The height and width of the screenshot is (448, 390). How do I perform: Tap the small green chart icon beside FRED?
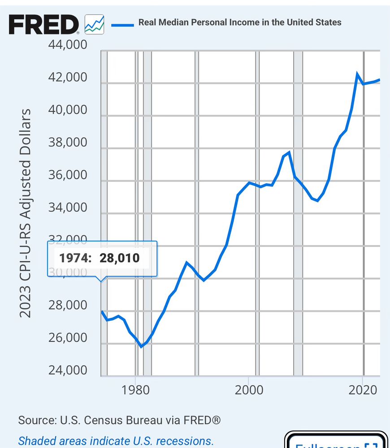(x=94, y=24)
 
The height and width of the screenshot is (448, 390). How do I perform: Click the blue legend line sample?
(x=122, y=24)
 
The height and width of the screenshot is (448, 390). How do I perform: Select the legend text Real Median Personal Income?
(x=240, y=22)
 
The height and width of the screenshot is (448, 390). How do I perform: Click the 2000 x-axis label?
(x=248, y=390)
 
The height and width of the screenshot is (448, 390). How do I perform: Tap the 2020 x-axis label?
(x=363, y=390)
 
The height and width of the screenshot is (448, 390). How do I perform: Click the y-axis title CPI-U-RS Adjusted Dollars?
(x=26, y=213)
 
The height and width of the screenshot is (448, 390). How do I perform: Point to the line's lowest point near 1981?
(x=141, y=346)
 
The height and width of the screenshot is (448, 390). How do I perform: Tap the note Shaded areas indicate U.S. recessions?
(x=116, y=440)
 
